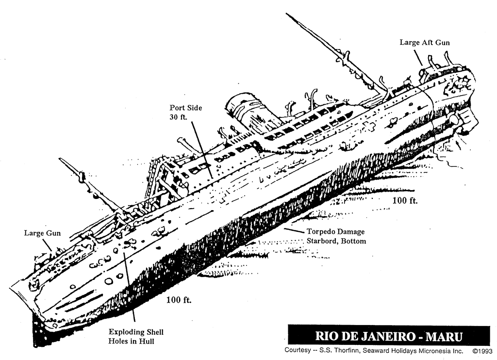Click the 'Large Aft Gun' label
coord(424,43)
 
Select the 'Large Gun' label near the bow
coord(42,233)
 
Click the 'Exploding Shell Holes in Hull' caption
coord(136,337)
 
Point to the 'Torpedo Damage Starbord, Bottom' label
coord(335,236)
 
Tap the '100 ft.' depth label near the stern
coord(405,200)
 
